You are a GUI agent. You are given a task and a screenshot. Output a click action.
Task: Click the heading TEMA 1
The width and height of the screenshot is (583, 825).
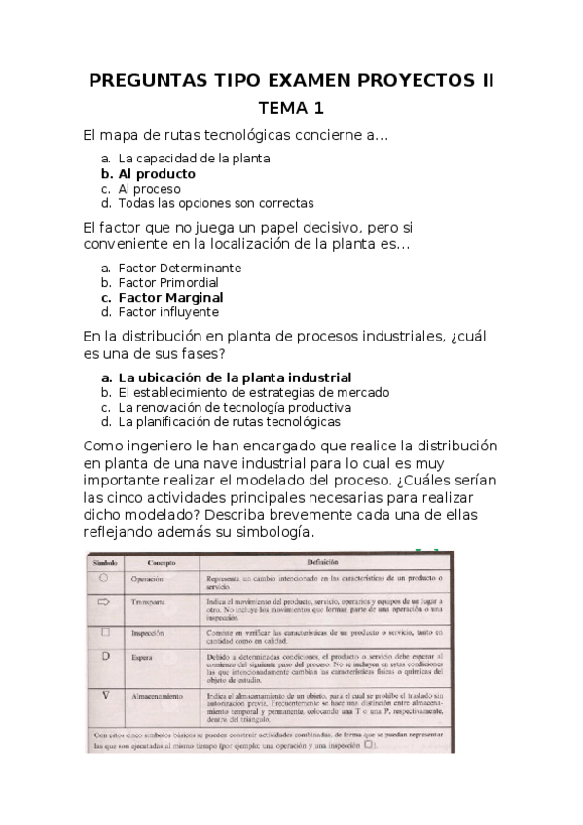[x=291, y=108]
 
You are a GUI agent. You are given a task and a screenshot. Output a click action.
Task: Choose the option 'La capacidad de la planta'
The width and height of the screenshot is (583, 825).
[x=193, y=158]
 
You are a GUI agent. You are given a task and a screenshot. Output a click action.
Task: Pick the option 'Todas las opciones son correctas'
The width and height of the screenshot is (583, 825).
[x=215, y=203]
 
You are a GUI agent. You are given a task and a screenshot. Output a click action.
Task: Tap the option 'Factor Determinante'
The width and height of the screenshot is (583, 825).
[x=179, y=268]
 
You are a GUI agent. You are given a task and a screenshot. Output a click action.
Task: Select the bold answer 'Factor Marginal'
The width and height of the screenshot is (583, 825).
[x=170, y=297]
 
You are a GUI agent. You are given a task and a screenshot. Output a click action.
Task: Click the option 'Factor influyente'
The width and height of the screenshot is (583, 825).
[x=168, y=312]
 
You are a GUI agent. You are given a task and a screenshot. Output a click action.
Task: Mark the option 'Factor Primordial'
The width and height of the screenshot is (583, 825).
[x=167, y=282]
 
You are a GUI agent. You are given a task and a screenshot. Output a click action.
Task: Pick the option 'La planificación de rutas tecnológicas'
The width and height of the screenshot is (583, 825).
[x=229, y=422]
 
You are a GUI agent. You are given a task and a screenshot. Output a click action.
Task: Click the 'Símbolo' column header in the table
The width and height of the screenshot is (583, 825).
[x=105, y=563]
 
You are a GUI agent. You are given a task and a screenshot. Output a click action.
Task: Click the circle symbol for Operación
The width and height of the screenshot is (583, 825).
[x=104, y=578]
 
